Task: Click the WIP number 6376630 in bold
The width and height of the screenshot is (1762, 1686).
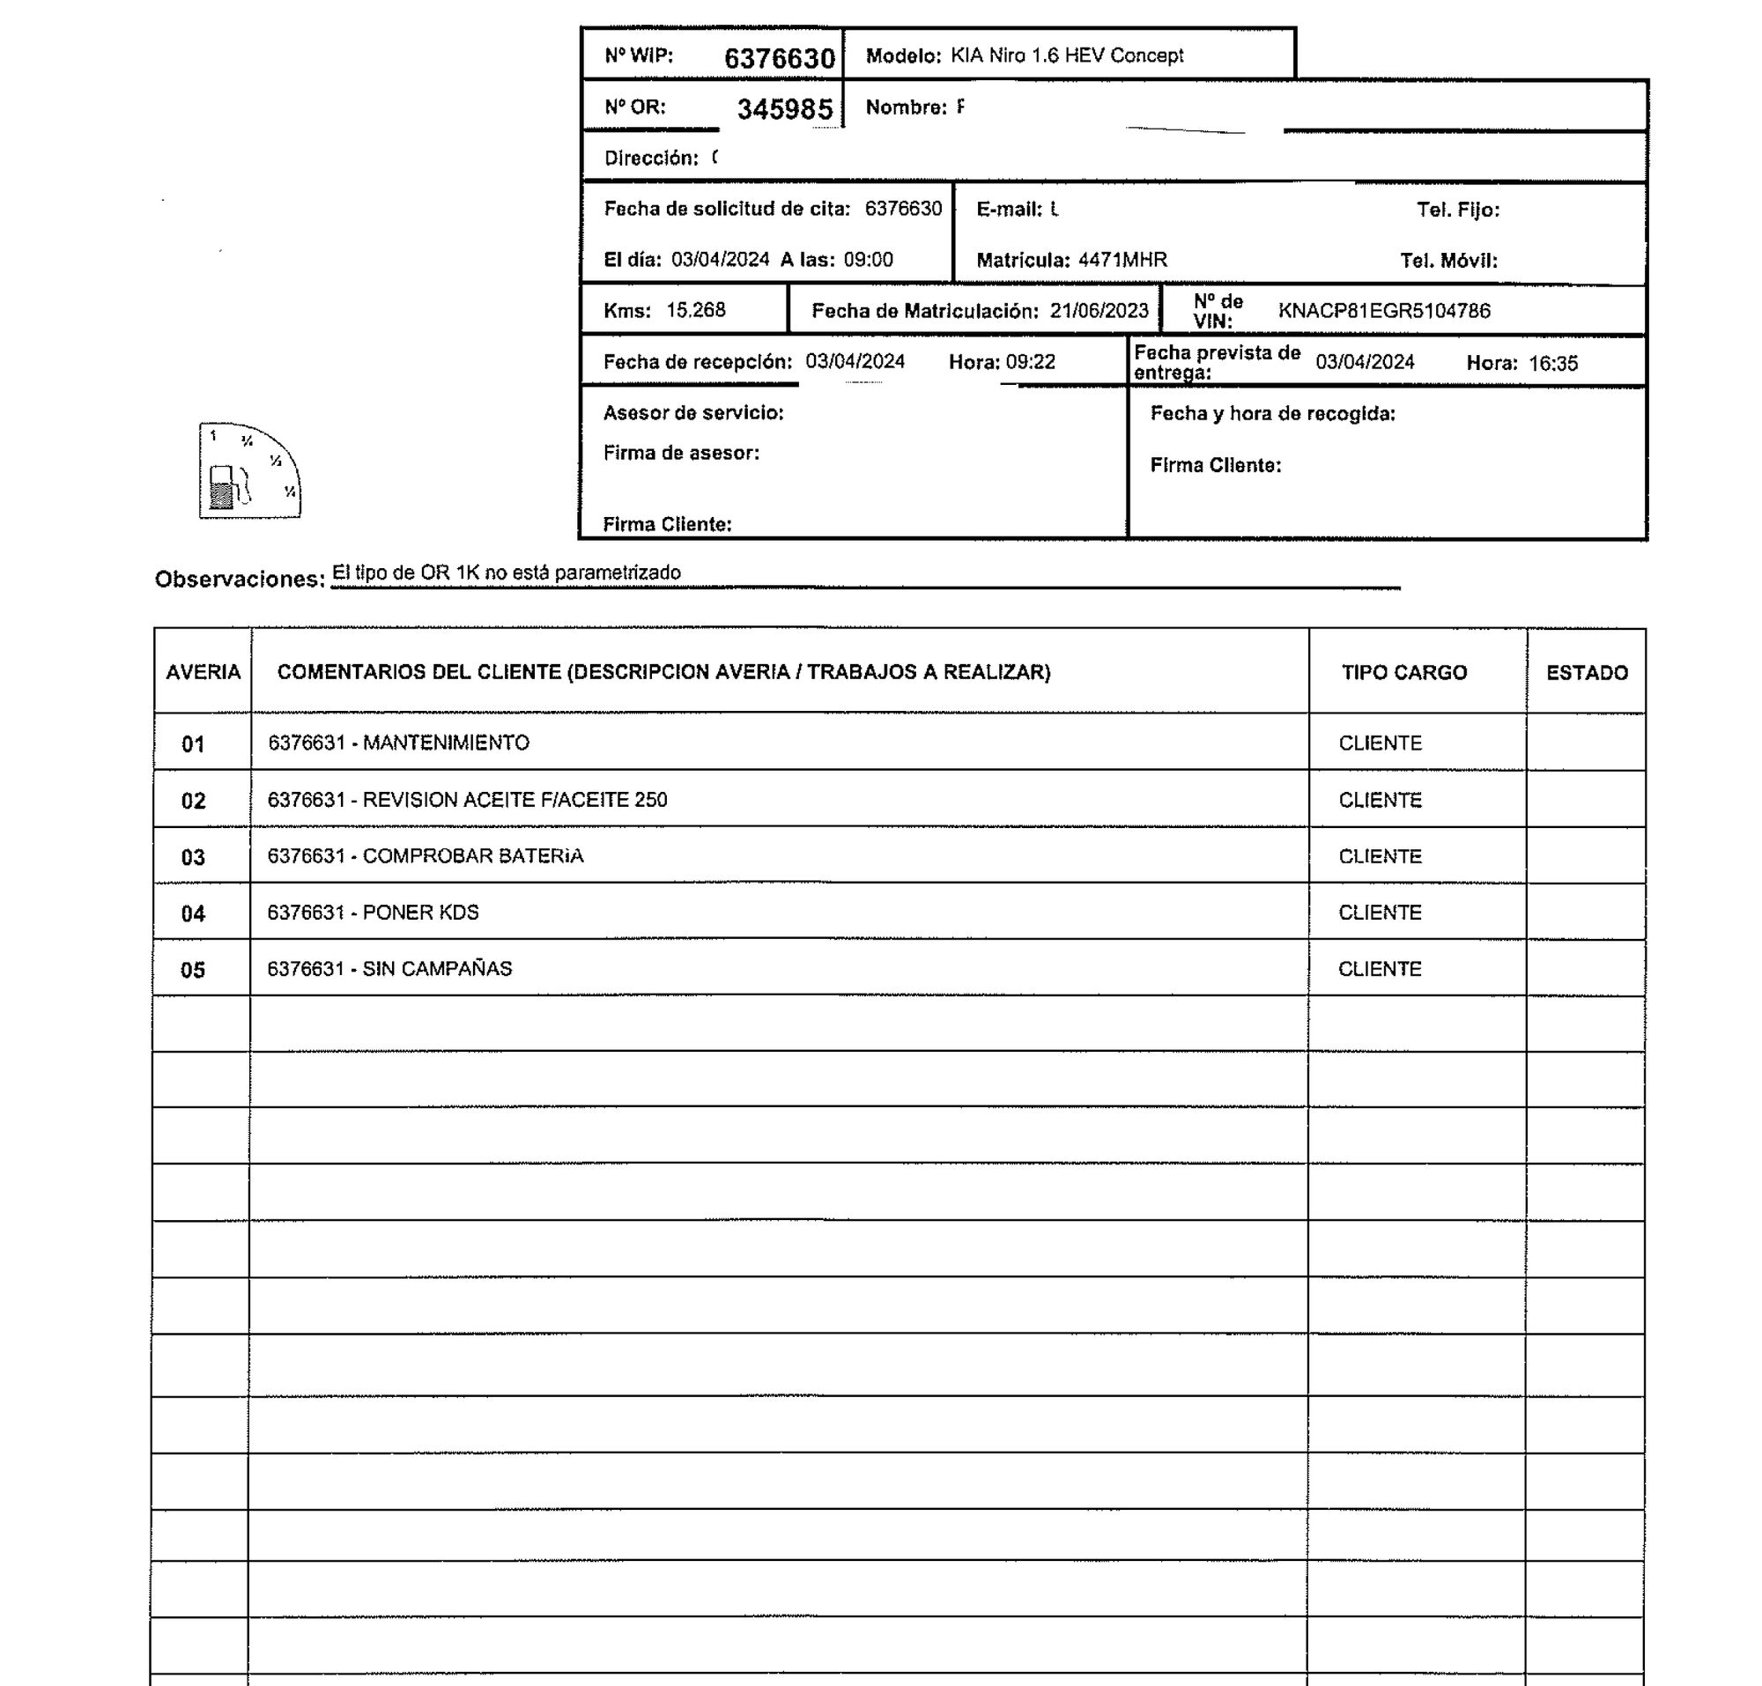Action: (780, 58)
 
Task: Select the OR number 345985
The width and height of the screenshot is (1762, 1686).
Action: (785, 109)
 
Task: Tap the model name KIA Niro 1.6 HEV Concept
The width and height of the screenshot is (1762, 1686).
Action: (1067, 55)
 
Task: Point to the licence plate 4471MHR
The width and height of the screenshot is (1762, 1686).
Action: (1122, 261)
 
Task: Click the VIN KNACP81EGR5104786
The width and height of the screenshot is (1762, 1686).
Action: (1383, 311)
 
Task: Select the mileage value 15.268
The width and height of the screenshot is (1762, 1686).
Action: (695, 310)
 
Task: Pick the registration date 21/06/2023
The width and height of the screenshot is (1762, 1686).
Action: (1099, 311)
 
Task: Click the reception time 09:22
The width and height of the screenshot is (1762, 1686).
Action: (1030, 362)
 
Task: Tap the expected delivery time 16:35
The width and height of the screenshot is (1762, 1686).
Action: (1552, 363)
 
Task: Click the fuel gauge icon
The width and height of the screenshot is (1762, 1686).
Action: (249, 471)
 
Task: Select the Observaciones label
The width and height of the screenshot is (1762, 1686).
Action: (239, 580)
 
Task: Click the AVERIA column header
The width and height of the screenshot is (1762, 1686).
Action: (204, 672)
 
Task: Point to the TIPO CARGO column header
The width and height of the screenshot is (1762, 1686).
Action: (1404, 672)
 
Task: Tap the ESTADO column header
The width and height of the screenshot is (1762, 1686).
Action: (1587, 673)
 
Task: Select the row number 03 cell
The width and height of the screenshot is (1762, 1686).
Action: (193, 857)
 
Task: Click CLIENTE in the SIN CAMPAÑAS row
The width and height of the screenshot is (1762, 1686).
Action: (1379, 969)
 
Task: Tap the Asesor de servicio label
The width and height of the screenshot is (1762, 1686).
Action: (693, 413)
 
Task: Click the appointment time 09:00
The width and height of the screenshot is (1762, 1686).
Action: (868, 261)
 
